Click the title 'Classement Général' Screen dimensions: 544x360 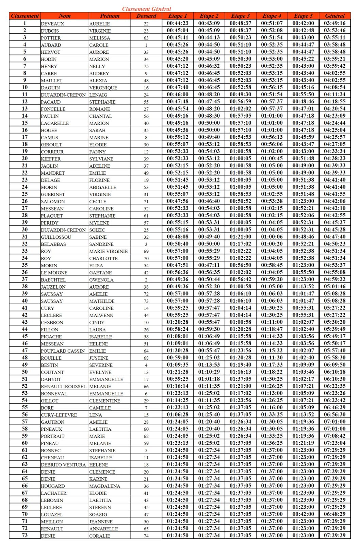(x=146, y=9)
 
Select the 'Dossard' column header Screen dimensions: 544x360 (x=146, y=16)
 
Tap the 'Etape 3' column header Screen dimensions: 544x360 (x=240, y=16)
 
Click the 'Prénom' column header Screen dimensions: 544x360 (x=110, y=16)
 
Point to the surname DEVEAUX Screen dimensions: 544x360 (x=52, y=24)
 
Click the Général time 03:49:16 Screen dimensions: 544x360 (x=334, y=23)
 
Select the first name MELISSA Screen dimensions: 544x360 (x=100, y=38)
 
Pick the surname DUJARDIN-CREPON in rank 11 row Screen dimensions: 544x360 (x=63, y=95)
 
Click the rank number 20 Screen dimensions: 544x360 (x=25, y=158)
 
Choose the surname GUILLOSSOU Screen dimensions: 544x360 (x=56, y=237)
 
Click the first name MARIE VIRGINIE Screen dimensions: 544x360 (x=109, y=251)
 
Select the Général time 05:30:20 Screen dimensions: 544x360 (x=334, y=322)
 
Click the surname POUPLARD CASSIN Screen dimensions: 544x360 (x=63, y=351)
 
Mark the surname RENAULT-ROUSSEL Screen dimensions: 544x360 (x=64, y=387)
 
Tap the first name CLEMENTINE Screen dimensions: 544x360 (x=104, y=401)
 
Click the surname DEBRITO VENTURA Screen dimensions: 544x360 (x=63, y=465)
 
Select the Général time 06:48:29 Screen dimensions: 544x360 (x=334, y=514)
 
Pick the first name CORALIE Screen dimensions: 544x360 (x=100, y=536)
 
